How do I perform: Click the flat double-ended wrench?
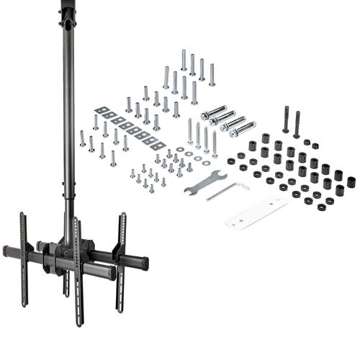coord(204,184)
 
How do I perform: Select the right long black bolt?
coord(297,124)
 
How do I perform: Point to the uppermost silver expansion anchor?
coord(215,111)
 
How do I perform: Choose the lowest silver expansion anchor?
coord(243,129)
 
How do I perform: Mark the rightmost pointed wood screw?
coord(215,144)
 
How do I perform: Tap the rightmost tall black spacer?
coord(351,182)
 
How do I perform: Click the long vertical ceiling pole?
coord(69,130)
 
